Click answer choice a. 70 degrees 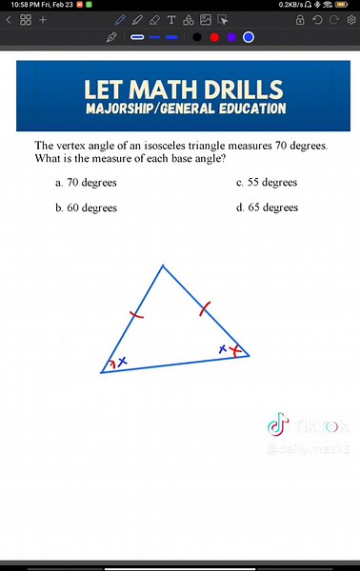[85, 182]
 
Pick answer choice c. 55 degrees [267, 182]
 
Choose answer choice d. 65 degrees [267, 207]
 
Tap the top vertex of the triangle [163, 266]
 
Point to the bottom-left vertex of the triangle [101, 372]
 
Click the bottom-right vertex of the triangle [249, 356]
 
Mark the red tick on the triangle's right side [204, 308]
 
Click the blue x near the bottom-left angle [123, 361]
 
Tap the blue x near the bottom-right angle [223, 349]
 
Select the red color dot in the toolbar [214, 37]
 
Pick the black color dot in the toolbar [197, 37]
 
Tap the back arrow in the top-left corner [9, 19]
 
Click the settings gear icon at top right [350, 19]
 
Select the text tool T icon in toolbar [170, 19]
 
